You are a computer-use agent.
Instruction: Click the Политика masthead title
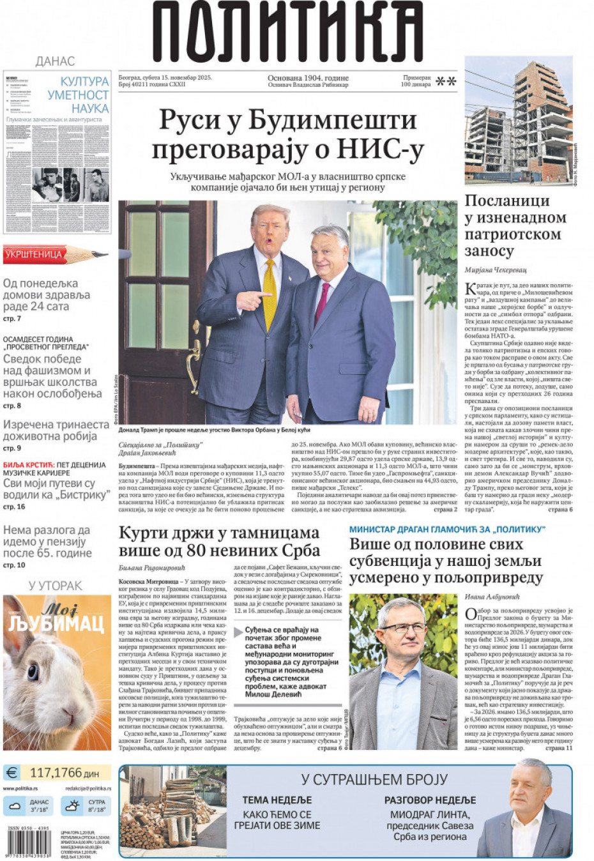click(x=287, y=32)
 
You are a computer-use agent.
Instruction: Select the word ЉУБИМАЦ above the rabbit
click(x=56, y=623)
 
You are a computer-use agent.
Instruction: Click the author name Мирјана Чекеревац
click(x=496, y=270)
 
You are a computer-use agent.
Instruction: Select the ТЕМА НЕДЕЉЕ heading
click(x=277, y=800)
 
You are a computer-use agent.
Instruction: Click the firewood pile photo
click(x=172, y=811)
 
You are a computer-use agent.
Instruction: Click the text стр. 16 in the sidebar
click(x=14, y=507)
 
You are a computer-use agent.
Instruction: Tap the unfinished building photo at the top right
click(x=518, y=121)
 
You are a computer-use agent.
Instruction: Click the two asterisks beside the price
click(x=446, y=81)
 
